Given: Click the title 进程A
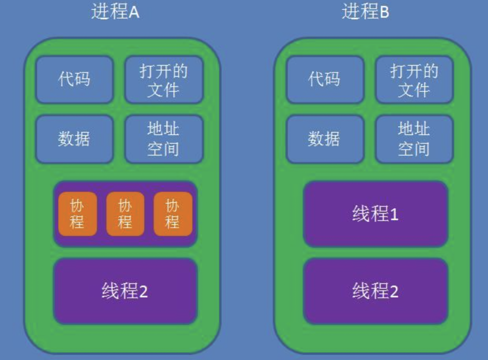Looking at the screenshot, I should point(115,12).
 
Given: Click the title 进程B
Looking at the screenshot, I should point(365,12).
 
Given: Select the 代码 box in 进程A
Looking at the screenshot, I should point(75,80).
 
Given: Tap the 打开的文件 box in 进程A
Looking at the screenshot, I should point(164,80).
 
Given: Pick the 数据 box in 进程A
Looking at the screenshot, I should point(75,139).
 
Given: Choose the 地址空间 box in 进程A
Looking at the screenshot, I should point(164,139).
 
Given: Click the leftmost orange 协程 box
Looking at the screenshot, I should point(77,214).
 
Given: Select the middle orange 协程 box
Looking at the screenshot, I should point(125,214).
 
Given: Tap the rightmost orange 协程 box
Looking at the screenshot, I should point(173,214).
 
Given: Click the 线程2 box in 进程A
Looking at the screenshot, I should point(125,291).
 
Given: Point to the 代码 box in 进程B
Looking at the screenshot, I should point(325,80).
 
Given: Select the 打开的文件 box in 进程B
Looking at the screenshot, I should point(414,80).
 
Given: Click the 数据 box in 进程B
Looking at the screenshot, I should point(325,139).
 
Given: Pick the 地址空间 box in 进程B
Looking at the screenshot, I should point(414,139).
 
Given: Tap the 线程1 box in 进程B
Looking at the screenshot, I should point(375,214).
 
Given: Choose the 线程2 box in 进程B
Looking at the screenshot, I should point(375,291).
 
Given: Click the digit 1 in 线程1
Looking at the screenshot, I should point(394,215).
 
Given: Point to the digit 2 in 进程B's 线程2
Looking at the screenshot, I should point(394,292).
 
